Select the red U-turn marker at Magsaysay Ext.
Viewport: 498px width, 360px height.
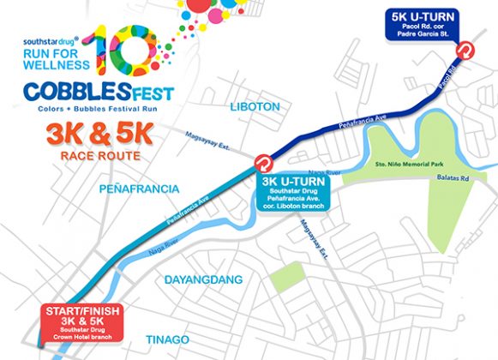(264, 162)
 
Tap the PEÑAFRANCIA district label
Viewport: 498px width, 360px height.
(138, 187)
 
